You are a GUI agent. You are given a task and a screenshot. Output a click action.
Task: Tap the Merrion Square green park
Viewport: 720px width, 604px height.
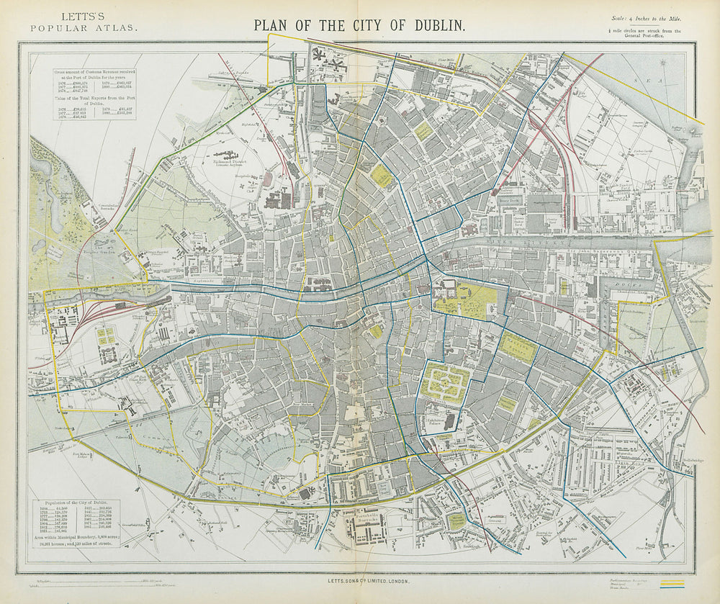point(518,348)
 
